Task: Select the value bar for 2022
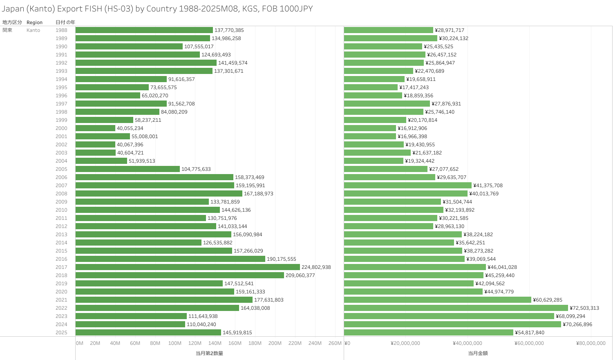click(456, 308)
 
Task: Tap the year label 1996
click(61, 96)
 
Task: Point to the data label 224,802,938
click(316, 267)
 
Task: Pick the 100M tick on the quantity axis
click(175, 343)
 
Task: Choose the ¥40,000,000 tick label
click(467, 343)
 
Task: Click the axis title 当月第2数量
click(209, 353)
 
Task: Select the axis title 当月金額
click(478, 353)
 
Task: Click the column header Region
click(34, 22)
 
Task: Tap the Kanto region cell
click(33, 30)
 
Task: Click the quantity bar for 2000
click(95, 128)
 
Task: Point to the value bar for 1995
click(371, 87)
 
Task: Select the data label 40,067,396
click(130, 145)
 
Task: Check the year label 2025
click(61, 333)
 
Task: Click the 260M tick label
click(335, 343)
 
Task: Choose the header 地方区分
click(12, 22)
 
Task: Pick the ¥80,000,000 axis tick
click(591, 343)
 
